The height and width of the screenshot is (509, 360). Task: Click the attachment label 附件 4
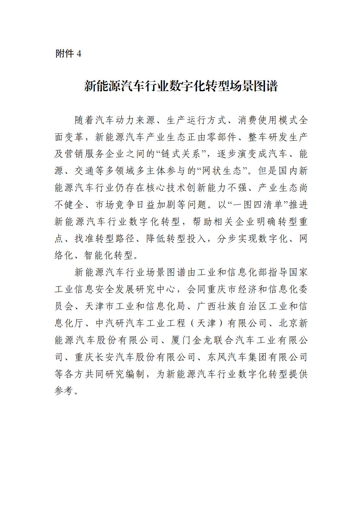coord(68,54)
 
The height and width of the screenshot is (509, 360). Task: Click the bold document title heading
coord(181,86)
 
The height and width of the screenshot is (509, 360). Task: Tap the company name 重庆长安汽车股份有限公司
coord(135,358)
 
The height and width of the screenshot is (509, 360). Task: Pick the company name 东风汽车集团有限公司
coord(258,358)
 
